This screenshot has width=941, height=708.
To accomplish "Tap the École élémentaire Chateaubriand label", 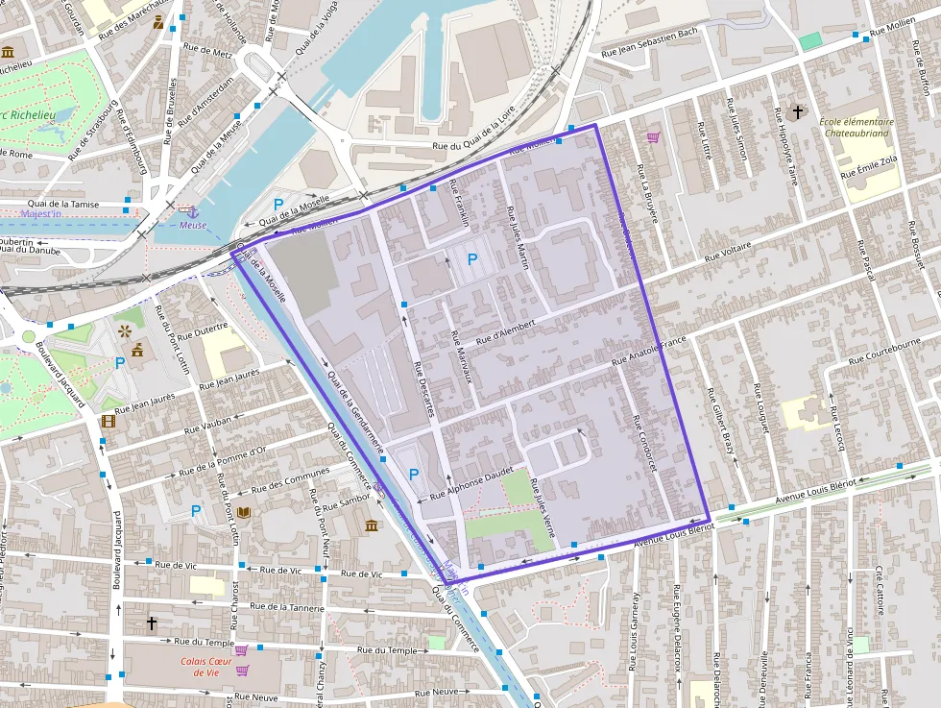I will coord(857,128).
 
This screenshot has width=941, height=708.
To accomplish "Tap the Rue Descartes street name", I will coord(423,388).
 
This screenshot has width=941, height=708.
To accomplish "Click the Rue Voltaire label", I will coord(727,253).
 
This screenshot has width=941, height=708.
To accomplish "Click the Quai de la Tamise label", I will coord(63,204).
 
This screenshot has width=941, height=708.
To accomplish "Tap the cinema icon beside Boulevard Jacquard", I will coord(109,421).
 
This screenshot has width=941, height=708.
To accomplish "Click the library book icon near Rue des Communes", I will coord(243,513).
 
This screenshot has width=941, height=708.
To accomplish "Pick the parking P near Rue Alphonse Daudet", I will coord(414,475).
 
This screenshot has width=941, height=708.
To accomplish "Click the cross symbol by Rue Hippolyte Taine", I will coord(798,113).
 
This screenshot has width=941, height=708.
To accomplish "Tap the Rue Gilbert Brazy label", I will coord(720,422).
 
